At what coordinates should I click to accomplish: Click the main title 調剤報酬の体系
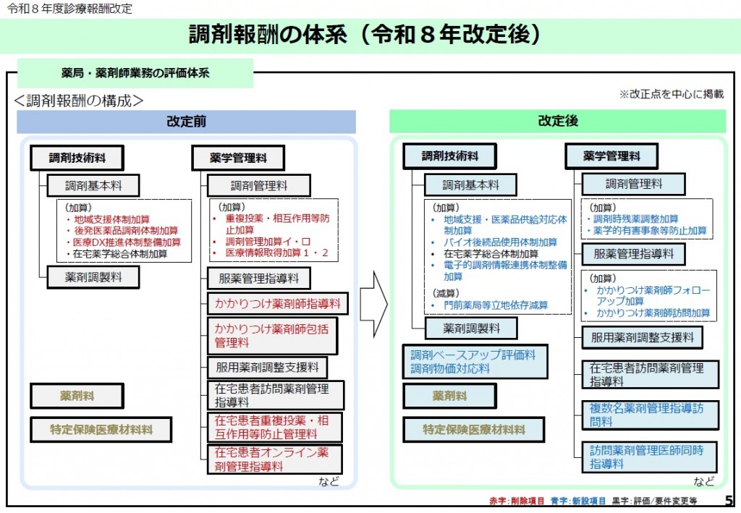pos(365,34)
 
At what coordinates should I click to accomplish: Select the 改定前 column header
pos(186,122)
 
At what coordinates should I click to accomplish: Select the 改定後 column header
pos(557,122)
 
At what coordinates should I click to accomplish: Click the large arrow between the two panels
pos(374,304)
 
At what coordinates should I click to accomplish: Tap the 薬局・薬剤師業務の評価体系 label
pos(135,73)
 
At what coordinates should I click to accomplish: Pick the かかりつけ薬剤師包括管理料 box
pos(272,335)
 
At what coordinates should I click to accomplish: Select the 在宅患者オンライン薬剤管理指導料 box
pos(272,459)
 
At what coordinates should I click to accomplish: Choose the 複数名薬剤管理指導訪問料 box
pos(651,415)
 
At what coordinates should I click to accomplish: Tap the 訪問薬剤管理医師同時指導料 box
pos(651,457)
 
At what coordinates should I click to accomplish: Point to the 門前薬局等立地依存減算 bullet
pos(496,305)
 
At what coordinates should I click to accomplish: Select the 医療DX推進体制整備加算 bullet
pos(127,242)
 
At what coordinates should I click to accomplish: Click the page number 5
pos(728,500)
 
